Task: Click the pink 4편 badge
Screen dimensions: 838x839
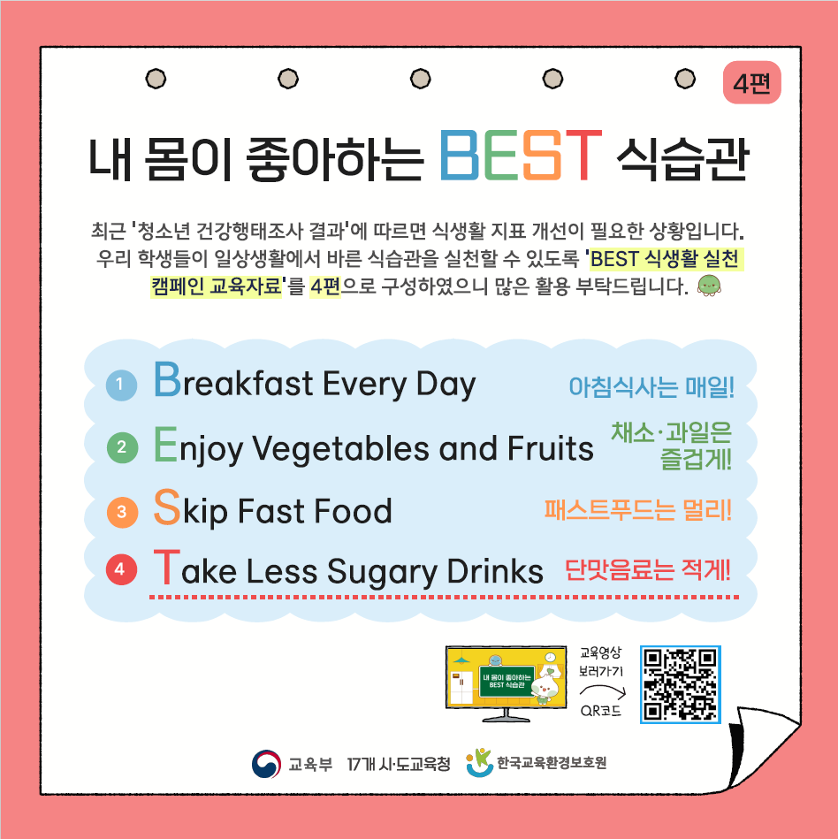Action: coord(752,82)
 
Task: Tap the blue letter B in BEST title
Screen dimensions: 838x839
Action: coord(459,156)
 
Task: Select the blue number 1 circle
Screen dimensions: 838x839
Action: coord(121,385)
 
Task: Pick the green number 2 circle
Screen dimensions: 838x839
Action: coord(123,447)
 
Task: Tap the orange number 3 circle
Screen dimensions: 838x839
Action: coord(123,512)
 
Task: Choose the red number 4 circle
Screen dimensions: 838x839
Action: coord(121,569)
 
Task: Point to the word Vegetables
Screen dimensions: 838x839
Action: coord(341,448)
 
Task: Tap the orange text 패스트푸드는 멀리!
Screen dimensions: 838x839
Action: coord(638,510)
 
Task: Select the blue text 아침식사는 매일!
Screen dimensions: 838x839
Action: coord(651,387)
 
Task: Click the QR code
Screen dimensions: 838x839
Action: coord(681,684)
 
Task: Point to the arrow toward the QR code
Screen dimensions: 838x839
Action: coord(603,690)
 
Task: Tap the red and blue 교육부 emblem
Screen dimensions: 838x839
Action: coord(266,764)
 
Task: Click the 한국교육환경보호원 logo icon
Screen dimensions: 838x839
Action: coord(479,762)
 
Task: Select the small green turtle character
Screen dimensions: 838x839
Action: coord(709,286)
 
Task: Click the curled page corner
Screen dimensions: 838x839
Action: coord(766,749)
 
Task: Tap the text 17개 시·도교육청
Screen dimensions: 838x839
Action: coord(399,764)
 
